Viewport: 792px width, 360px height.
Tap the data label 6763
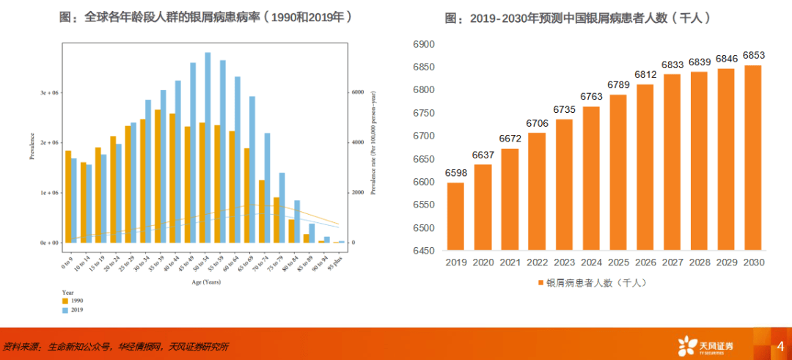click(x=590, y=96)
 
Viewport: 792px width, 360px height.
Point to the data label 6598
click(x=455, y=172)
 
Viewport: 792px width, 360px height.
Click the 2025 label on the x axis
click(x=617, y=263)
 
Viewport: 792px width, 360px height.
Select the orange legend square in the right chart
click(x=540, y=282)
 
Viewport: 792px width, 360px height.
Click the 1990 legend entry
click(x=73, y=301)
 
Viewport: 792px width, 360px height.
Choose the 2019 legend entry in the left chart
click(x=73, y=310)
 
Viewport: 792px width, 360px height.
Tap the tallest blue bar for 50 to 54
click(x=208, y=147)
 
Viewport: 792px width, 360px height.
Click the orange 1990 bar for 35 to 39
click(x=158, y=176)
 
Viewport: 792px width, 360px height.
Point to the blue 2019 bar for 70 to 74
click(x=268, y=187)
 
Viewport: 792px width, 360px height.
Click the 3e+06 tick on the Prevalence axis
click(x=48, y=93)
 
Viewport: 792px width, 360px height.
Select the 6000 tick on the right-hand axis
click(x=357, y=93)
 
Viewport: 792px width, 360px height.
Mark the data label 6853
click(x=752, y=56)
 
